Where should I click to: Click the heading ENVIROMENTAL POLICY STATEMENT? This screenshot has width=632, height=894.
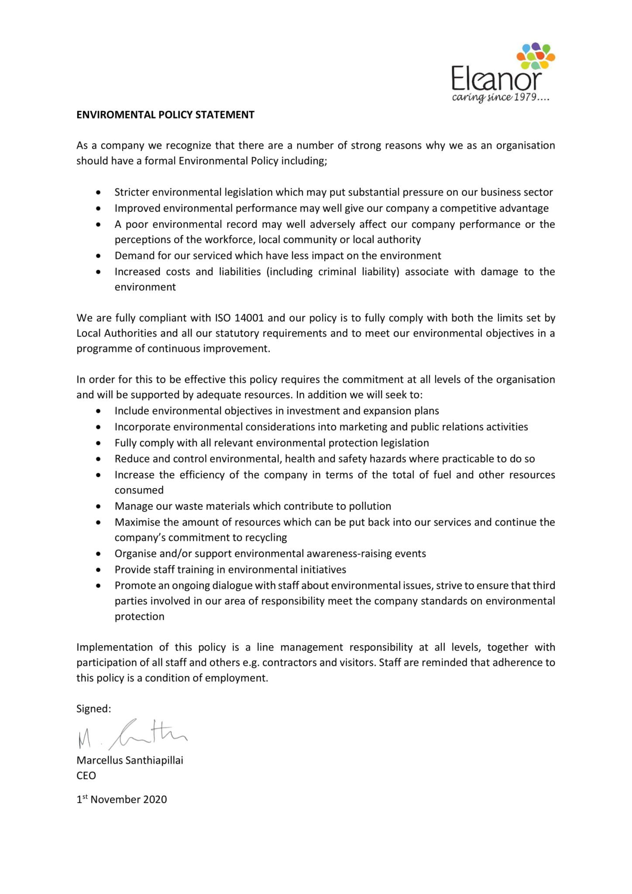point(165,115)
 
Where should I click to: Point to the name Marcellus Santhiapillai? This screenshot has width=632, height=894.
point(130,760)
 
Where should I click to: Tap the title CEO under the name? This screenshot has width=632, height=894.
point(86,775)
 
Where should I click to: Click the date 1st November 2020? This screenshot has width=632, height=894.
point(121,799)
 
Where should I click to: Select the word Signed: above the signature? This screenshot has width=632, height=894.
point(93,708)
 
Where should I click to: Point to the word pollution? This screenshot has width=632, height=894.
point(370,506)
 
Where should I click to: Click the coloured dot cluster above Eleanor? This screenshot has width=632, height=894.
point(535,55)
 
